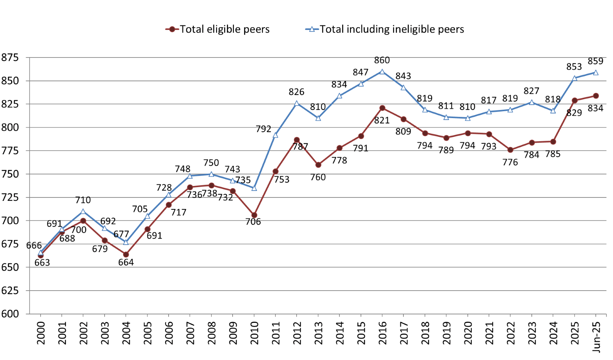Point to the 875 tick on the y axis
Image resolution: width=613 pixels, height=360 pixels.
pos(10,58)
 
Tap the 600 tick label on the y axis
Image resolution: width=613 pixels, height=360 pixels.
pos(10,314)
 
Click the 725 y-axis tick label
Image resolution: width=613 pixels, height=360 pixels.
pos(10,197)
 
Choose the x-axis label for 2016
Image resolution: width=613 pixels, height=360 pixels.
pos(382,333)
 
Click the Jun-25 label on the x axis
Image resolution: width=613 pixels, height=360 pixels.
pos(596,335)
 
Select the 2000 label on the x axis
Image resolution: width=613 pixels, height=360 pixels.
pos(41,333)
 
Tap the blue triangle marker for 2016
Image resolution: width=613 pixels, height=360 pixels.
pos(382,72)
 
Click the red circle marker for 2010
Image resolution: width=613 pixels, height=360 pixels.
pos(254,215)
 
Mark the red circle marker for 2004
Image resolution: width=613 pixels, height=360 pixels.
pos(126,255)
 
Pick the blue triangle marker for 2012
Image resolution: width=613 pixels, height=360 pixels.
pos(297,104)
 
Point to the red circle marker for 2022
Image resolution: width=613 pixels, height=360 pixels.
pos(510,150)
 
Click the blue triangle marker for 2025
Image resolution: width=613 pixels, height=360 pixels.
pos(575,78)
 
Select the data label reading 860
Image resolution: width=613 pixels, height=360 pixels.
pos(382,61)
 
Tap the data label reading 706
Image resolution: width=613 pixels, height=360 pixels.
pos(253,222)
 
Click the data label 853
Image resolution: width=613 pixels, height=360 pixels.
pos(574,67)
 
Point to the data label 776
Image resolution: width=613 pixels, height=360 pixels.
pos(510,163)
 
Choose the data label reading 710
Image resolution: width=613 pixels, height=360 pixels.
pos(83,200)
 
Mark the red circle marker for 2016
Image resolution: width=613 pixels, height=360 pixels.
pos(382,108)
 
